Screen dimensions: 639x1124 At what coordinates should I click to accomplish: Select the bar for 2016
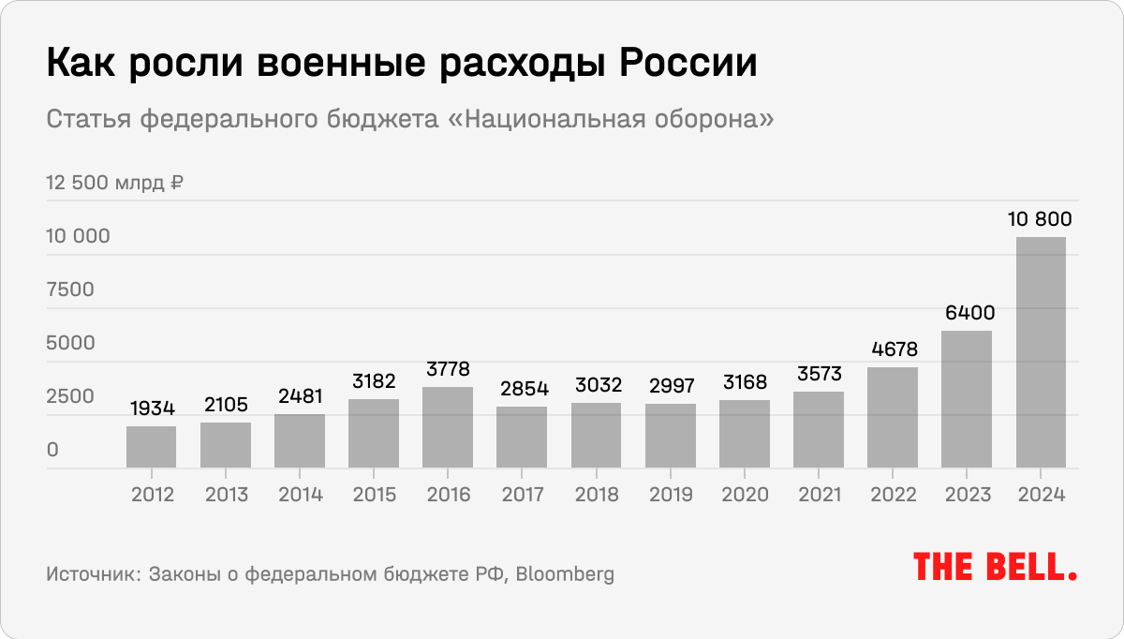(448, 427)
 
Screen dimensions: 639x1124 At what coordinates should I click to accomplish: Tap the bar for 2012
(151, 447)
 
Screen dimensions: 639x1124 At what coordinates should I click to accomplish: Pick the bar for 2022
(893, 418)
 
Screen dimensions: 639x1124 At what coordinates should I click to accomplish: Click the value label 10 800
(1040, 220)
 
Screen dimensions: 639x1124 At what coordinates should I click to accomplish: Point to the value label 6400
(967, 313)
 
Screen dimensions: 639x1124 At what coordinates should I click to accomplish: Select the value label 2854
(522, 389)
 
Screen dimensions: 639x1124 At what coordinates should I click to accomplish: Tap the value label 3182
(374, 381)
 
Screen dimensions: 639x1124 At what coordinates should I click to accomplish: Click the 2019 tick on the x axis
(670, 495)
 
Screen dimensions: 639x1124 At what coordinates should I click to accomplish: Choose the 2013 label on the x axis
(225, 495)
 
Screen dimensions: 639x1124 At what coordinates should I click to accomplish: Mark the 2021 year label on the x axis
(818, 495)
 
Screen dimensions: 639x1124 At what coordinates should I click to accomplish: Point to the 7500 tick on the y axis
(70, 290)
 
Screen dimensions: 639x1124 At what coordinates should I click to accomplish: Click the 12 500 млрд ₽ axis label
(114, 183)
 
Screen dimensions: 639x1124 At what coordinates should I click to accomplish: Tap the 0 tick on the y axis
(53, 451)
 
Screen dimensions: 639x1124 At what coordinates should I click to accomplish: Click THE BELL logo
(995, 567)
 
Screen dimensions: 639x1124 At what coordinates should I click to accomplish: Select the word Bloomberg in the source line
(566, 573)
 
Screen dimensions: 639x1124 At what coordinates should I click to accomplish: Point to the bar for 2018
(596, 436)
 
